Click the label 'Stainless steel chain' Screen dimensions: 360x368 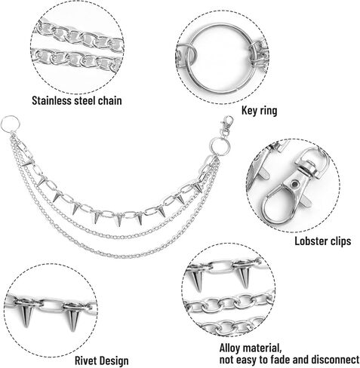[x=77, y=100]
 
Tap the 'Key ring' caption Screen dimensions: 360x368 [x=259, y=110]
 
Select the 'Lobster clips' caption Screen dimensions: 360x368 [x=323, y=241]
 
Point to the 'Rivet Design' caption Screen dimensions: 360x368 [x=102, y=360]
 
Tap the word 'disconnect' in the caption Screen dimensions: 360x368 [x=335, y=360]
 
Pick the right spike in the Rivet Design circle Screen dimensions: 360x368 [x=73, y=319]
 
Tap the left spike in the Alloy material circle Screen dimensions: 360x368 [x=197, y=281]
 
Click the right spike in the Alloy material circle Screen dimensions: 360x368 [x=244, y=277]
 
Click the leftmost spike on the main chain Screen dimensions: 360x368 [x=27, y=163]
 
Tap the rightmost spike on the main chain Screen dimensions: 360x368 [x=198, y=187]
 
